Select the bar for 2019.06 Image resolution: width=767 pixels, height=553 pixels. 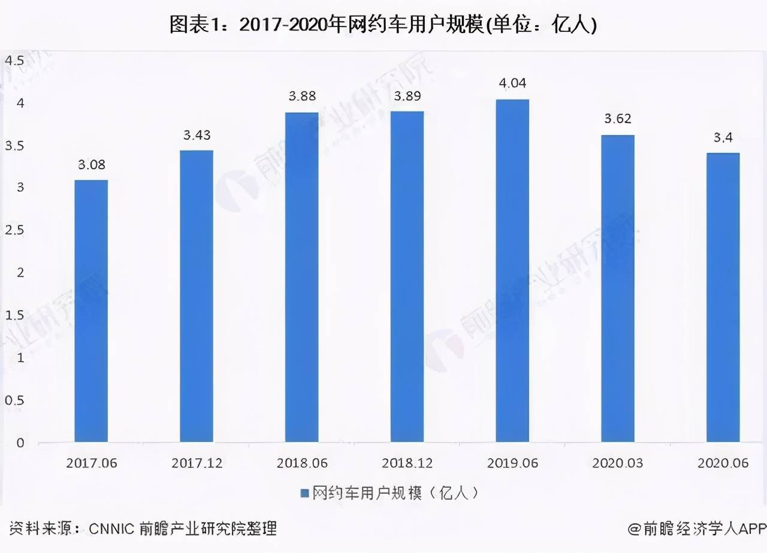tap(512, 271)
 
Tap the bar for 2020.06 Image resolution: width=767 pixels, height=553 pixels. tap(723, 297)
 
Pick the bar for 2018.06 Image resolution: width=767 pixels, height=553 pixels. tap(301, 277)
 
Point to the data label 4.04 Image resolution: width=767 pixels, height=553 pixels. tap(512, 83)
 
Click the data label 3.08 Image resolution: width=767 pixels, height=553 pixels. tap(91, 164)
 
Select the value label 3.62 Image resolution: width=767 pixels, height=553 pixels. tap(618, 119)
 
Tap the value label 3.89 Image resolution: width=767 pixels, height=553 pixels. tap(407, 96)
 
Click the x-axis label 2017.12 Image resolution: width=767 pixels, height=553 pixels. tap(197, 463)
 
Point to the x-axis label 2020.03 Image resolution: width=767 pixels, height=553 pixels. tap(618, 463)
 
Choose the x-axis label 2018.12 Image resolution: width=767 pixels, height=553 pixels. tap(407, 463)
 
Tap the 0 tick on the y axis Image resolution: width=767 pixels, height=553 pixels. tap(20, 443)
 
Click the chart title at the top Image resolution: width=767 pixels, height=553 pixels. tap(383, 25)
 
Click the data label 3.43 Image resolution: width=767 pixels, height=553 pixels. tap(197, 135)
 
